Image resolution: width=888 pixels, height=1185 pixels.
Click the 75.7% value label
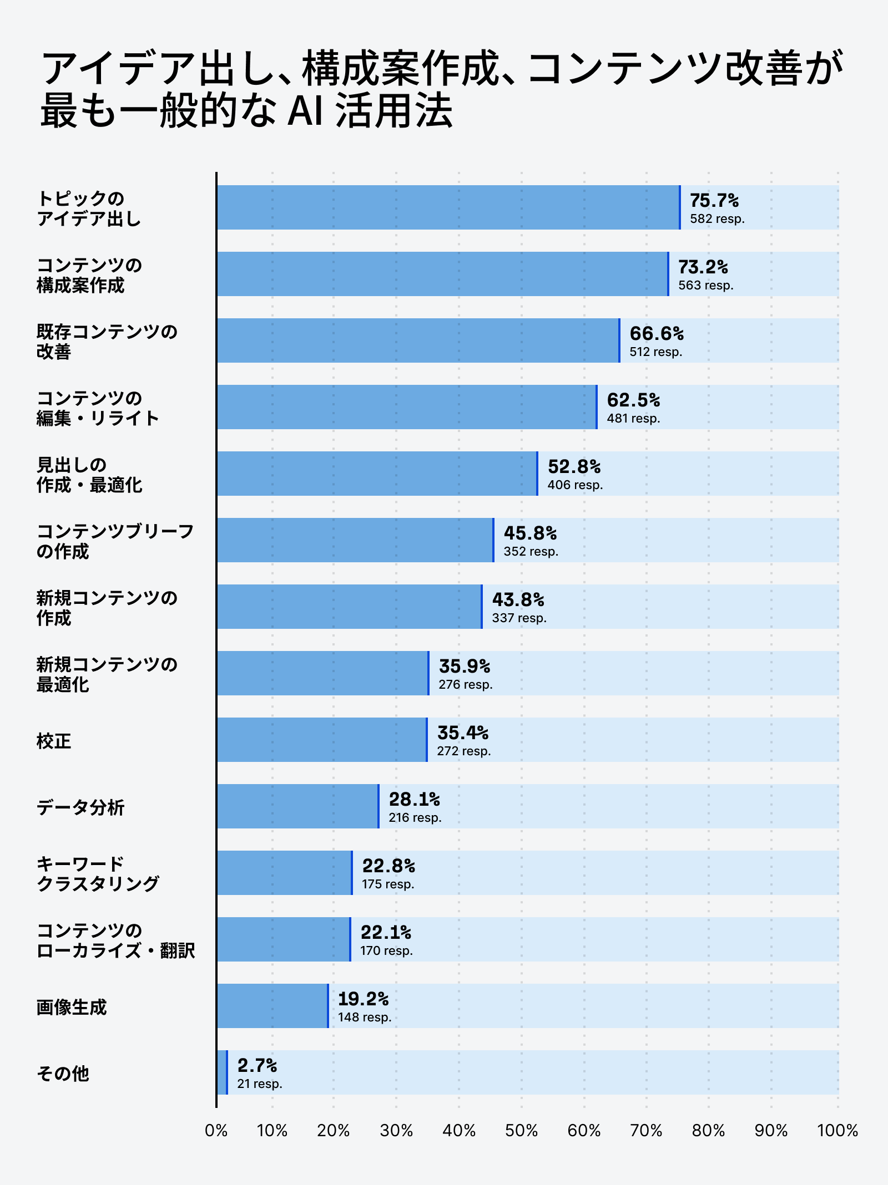pyautogui.click(x=714, y=200)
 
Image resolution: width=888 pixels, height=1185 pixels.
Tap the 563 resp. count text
pyautogui.click(x=705, y=285)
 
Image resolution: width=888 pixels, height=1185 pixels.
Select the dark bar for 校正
pyautogui.click(x=321, y=740)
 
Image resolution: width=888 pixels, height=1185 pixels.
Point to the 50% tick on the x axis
pyautogui.click(x=521, y=1130)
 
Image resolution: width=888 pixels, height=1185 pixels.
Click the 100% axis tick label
pyautogui.click(x=837, y=1130)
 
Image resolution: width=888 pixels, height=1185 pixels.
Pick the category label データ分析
pyautogui.click(x=80, y=807)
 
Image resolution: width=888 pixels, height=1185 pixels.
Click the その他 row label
pyautogui.click(x=63, y=1073)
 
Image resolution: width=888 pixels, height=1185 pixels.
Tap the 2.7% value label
pyautogui.click(x=257, y=1065)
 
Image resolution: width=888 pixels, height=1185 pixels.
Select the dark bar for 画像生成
pyautogui.click(x=272, y=1006)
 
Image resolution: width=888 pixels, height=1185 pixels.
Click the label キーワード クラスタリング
pyautogui.click(x=98, y=873)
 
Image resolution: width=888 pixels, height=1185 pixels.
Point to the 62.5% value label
pyautogui.click(x=633, y=400)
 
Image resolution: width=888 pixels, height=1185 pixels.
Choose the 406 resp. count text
pyautogui.click(x=575, y=485)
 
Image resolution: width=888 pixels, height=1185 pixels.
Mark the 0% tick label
pyautogui.click(x=216, y=1130)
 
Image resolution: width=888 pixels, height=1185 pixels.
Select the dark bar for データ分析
pyautogui.click(x=297, y=806)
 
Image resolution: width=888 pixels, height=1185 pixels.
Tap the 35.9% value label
pyautogui.click(x=465, y=666)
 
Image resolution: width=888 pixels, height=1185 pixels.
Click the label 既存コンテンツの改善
pyautogui.click(x=107, y=341)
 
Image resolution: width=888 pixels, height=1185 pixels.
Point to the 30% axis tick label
pyautogui.click(x=396, y=1130)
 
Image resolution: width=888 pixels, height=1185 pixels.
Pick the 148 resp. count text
pyautogui.click(x=365, y=1017)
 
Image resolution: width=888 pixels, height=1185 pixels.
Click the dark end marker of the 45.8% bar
pyautogui.click(x=493, y=540)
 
